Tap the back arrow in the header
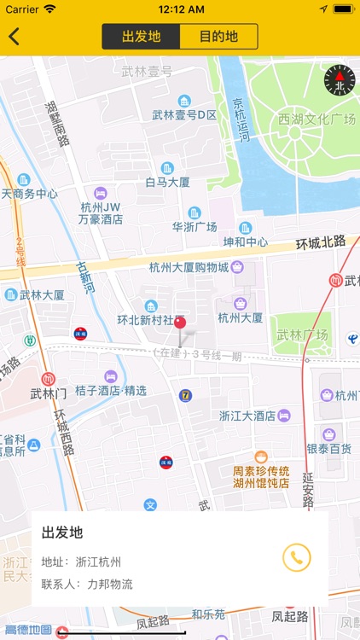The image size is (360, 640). point(15,37)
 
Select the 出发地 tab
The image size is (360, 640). point(142,37)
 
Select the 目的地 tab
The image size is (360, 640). point(218,37)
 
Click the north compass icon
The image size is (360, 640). point(339,80)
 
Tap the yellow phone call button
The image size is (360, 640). point(297,557)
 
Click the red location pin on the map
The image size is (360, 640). point(180,323)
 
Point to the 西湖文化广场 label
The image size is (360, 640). point(316,119)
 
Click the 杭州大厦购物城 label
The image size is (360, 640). point(189,268)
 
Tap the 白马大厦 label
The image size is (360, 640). point(167,182)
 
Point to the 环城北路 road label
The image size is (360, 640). point(321,243)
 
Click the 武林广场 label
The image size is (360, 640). point(302,335)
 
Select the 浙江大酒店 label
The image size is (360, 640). point(247,416)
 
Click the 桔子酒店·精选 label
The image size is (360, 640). point(111,391)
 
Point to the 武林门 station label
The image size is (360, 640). point(48,393)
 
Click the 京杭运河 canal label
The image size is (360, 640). point(242,119)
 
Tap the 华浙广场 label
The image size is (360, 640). point(195,227)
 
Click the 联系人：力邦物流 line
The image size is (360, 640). point(87,585)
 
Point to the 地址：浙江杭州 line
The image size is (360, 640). point(81,561)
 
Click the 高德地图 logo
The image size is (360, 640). point(26,631)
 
